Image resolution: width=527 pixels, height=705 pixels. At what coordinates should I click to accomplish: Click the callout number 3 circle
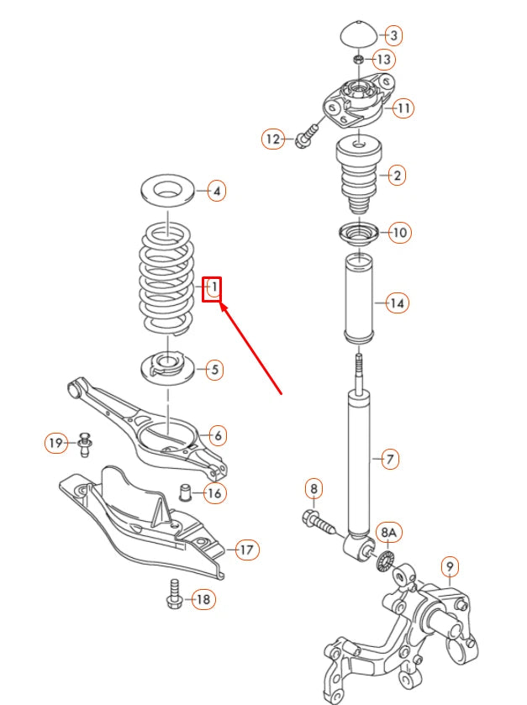(x=393, y=35)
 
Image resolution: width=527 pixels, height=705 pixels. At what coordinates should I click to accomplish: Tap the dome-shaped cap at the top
(x=359, y=36)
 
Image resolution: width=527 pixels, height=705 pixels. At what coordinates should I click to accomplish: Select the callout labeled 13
(x=382, y=60)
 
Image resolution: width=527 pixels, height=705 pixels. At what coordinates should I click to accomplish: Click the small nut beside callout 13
(x=358, y=60)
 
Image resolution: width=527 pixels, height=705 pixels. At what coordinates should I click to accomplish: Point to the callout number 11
(x=403, y=108)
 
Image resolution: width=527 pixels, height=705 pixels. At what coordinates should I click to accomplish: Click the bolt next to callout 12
(x=306, y=135)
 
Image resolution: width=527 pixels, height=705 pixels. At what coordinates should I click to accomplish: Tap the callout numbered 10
(x=400, y=232)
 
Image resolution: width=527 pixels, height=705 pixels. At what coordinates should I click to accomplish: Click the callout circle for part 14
(x=397, y=303)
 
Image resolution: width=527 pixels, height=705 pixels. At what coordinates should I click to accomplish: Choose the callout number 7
(x=389, y=459)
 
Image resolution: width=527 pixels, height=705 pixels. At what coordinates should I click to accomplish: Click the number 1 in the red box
(x=213, y=289)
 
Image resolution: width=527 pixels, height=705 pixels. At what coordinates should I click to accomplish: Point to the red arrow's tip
(x=222, y=307)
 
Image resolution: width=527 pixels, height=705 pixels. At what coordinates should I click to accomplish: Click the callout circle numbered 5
(x=214, y=368)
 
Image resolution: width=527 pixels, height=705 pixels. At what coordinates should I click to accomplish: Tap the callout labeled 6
(x=217, y=435)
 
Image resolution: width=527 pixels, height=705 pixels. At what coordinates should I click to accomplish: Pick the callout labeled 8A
(x=387, y=532)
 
